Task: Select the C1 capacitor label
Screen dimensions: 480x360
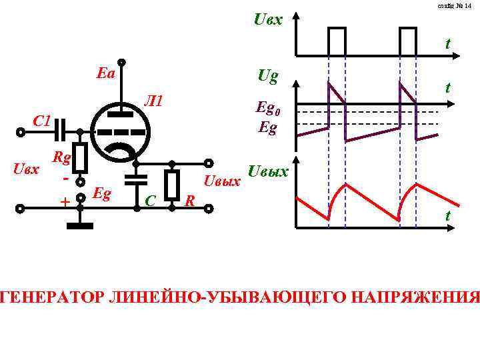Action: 42,121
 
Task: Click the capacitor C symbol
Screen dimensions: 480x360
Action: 137,179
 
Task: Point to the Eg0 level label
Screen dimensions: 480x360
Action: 269,109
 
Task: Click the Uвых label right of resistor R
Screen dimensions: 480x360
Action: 222,181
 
